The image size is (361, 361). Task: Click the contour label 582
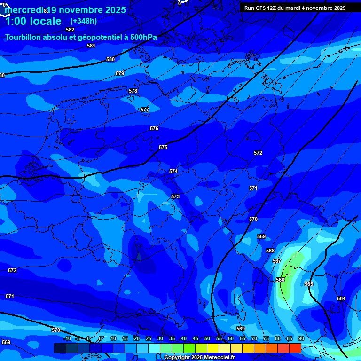70,30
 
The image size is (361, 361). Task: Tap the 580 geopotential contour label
110,60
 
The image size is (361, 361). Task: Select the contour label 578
133,91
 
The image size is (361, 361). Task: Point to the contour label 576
154,128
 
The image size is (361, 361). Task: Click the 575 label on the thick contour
163,147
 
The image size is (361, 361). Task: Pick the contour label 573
175,196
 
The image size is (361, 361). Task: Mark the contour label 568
270,251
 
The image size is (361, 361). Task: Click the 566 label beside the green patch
280,280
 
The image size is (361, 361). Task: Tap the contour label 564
341,298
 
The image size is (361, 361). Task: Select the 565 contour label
309,284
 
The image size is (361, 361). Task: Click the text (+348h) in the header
84,21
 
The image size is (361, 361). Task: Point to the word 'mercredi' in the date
24,10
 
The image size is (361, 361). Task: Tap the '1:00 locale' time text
33,21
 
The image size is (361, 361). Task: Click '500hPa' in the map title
142,37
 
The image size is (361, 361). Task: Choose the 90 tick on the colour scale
301,339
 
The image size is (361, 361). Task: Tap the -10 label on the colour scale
67,339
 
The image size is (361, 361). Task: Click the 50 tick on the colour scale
207,339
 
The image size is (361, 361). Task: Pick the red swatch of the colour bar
295,348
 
